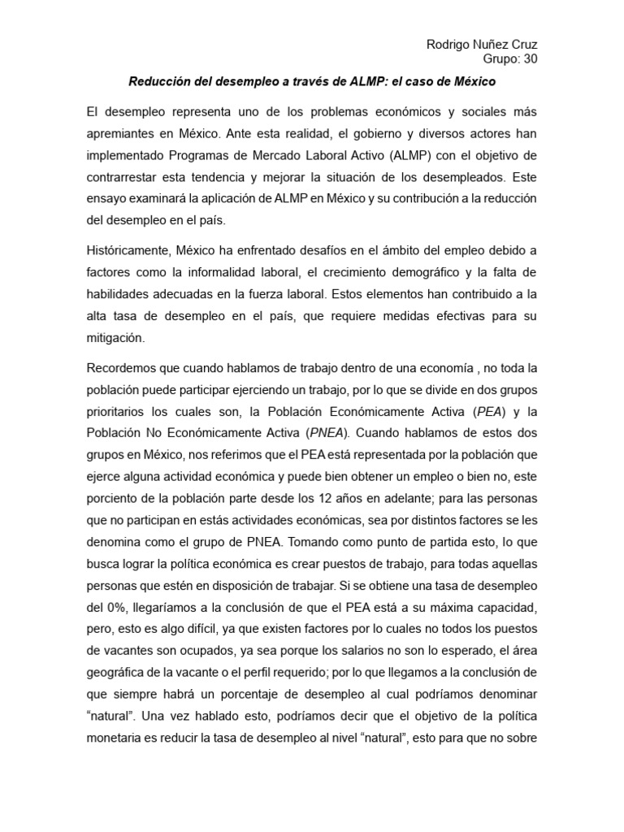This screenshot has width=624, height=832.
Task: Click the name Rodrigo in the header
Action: click(x=451, y=44)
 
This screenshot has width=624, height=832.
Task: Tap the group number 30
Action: click(x=528, y=59)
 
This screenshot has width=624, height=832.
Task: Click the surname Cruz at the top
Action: click(x=521, y=44)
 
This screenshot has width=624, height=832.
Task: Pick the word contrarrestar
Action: click(x=123, y=175)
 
